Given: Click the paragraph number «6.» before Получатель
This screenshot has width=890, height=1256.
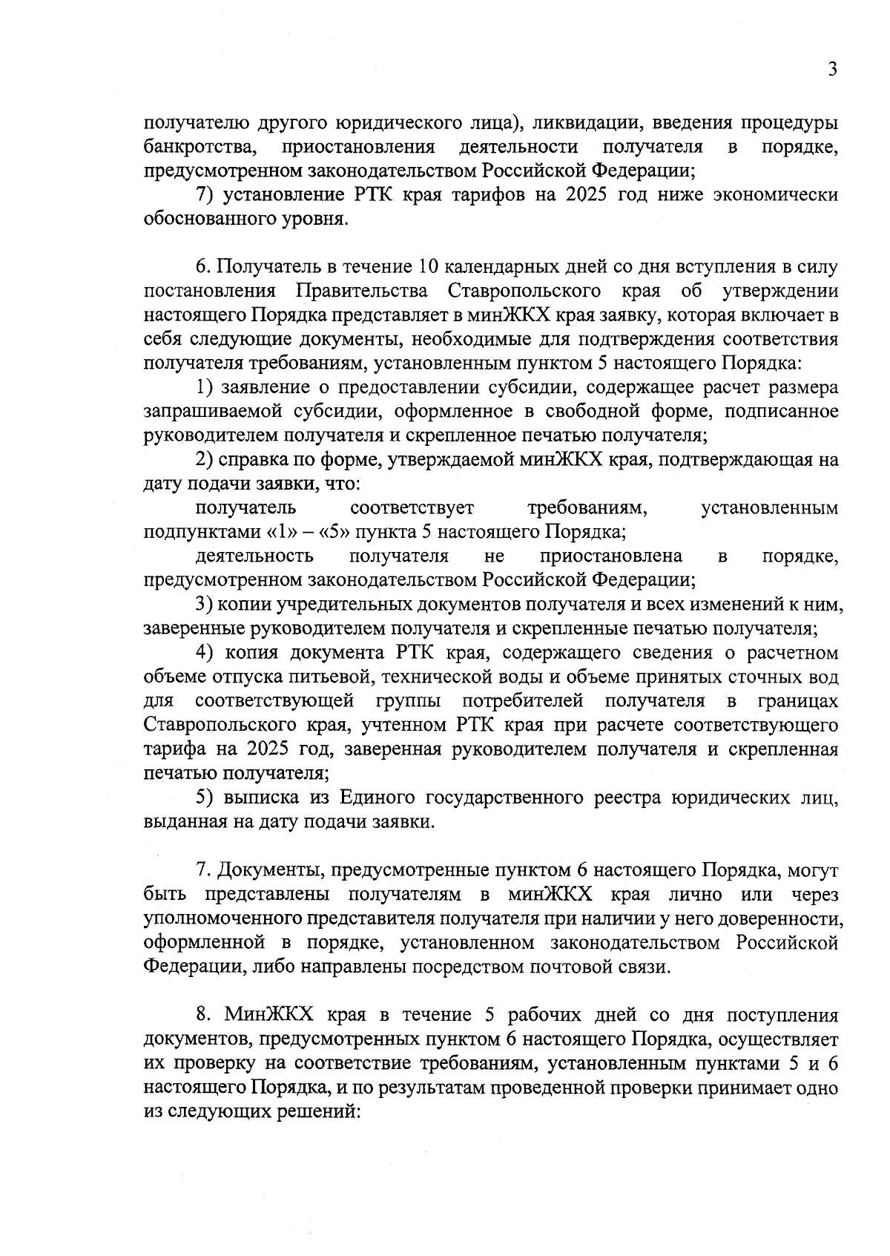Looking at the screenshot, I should coord(204,267).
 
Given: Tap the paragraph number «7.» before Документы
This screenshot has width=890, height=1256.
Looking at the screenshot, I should coord(203,871).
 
